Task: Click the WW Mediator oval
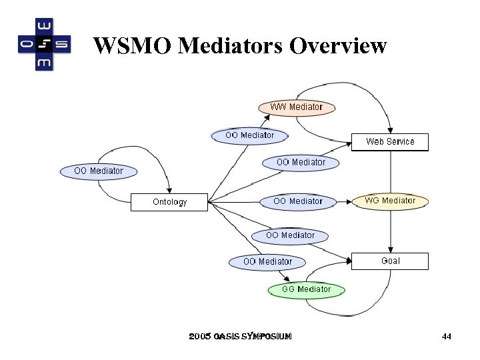click(x=297, y=107)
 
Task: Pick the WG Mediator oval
click(x=390, y=201)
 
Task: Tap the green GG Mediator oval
click(x=306, y=289)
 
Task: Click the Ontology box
click(x=169, y=202)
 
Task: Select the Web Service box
click(x=390, y=141)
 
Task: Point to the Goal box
click(x=390, y=261)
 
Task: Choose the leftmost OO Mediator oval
click(x=99, y=171)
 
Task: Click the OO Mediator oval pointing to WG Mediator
click(x=297, y=201)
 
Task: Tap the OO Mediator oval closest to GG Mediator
click(x=267, y=262)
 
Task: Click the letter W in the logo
click(x=44, y=27)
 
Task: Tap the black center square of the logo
click(x=44, y=45)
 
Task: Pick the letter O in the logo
click(x=26, y=45)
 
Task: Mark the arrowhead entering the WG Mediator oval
click(x=350, y=201)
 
